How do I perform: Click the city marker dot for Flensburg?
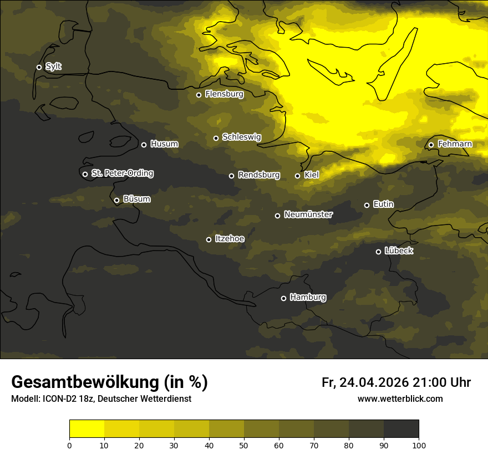199,95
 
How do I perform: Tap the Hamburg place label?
308,297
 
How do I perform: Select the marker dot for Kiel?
297,176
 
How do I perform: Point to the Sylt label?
53,67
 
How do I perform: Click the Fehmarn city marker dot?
431,145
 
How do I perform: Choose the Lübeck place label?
399,251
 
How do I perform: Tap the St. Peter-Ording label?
122,173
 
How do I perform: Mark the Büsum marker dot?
116,201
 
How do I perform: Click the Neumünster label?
308,214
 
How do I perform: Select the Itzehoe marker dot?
209,239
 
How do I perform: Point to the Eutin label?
383,204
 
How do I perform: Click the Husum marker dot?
144,145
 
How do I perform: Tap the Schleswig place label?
241,137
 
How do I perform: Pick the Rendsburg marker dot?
231,176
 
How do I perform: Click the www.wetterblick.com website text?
400,399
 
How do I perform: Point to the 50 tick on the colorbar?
244,444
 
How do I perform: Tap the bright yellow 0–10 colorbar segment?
87,429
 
